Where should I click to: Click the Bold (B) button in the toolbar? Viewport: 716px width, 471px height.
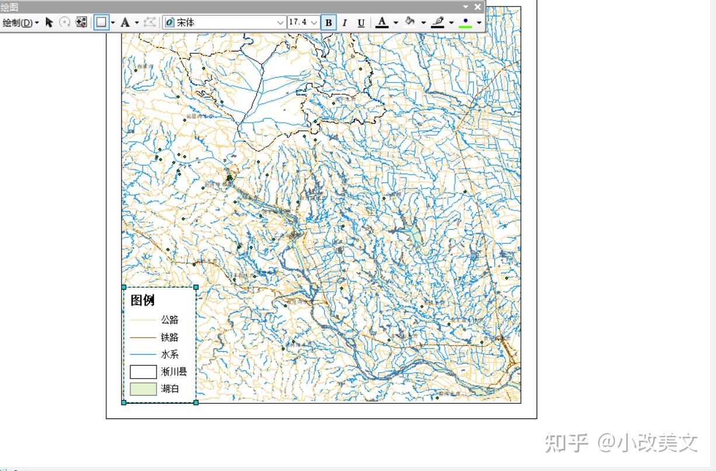coord(329,23)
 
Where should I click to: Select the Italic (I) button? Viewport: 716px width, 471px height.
coord(345,23)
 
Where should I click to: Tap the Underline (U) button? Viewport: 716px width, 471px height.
coord(361,23)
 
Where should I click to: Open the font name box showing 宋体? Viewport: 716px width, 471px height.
coord(225,23)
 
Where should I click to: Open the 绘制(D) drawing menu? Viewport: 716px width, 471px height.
coord(21,23)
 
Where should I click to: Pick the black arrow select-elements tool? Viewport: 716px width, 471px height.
coord(49,22)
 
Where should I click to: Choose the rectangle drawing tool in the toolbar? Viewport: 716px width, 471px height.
coord(102,22)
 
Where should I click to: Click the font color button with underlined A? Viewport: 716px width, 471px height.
coord(382,22)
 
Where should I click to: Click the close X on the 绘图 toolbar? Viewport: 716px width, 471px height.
coord(478,7)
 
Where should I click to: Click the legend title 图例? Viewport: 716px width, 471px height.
coord(142,300)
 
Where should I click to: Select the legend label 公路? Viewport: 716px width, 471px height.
coord(170,320)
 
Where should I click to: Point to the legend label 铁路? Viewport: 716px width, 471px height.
coord(170,337)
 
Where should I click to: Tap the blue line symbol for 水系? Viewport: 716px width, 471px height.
coord(143,355)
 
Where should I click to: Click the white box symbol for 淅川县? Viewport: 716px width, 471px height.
coord(143,372)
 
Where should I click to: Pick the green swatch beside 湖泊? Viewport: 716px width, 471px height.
coord(143,389)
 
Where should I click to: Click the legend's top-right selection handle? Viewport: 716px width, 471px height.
coord(196,287)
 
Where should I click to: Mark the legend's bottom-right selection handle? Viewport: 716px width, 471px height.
coord(196,402)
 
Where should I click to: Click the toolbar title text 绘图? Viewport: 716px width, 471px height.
coord(9,7)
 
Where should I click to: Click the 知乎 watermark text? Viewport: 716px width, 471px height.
coord(566,443)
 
